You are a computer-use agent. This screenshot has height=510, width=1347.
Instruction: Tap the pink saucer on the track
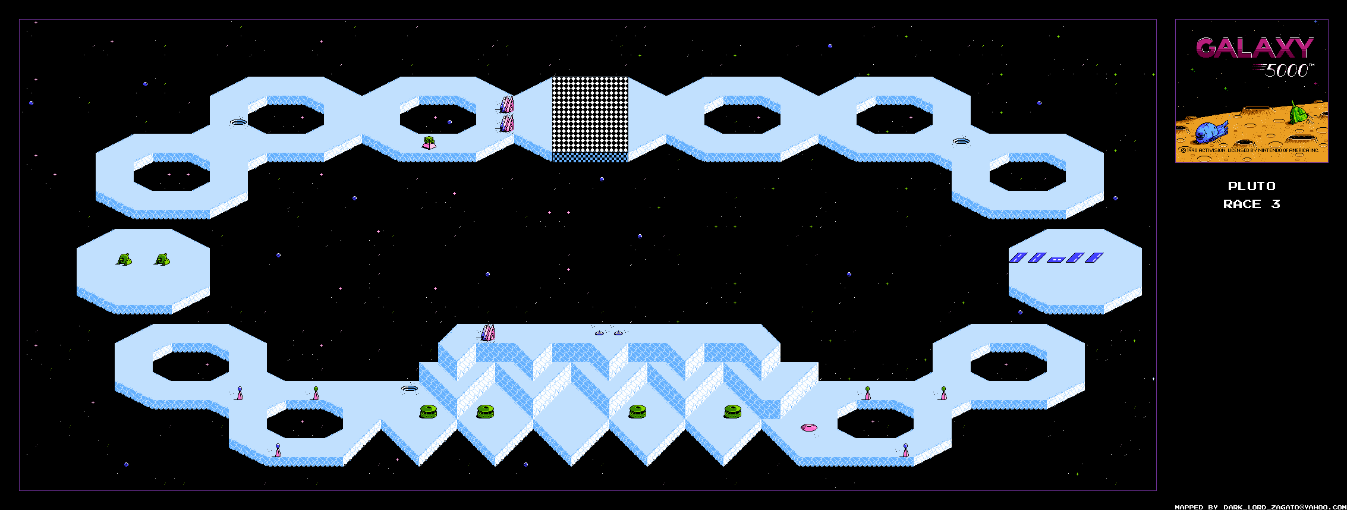[808, 427]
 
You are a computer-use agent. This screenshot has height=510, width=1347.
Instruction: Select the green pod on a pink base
[429, 143]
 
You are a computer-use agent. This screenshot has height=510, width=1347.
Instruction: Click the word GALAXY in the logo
[1254, 48]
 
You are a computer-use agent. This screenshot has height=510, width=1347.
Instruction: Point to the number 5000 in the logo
[1288, 71]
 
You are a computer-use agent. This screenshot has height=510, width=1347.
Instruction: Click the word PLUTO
[1251, 186]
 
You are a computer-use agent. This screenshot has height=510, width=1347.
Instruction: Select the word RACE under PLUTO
[1242, 204]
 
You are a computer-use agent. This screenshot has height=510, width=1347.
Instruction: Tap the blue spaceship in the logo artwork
[1210, 131]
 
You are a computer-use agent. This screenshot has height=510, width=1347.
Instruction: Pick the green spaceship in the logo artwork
[1299, 112]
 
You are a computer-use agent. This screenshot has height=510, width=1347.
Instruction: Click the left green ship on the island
[124, 259]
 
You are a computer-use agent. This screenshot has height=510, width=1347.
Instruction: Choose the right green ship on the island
[162, 259]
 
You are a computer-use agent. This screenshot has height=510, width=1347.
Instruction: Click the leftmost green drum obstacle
[428, 411]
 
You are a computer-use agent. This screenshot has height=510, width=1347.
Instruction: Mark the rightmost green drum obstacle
[732, 411]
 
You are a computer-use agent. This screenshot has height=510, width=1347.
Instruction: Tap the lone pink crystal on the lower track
[487, 332]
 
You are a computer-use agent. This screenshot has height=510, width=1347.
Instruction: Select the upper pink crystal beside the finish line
[506, 105]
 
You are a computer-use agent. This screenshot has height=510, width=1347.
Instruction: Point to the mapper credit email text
[1260, 507]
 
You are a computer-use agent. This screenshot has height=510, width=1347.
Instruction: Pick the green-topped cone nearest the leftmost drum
[316, 393]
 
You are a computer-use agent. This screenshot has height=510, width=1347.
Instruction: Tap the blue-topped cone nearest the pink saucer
[905, 450]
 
